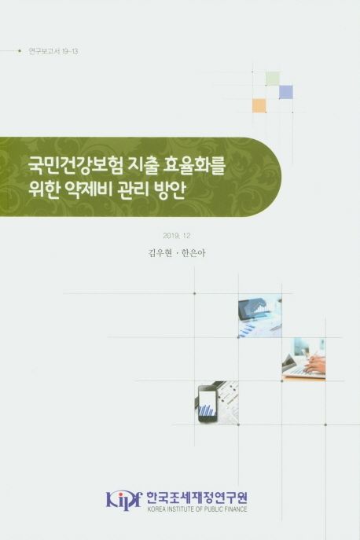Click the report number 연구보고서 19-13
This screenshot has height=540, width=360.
click(53, 51)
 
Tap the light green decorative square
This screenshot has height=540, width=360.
click(272, 78)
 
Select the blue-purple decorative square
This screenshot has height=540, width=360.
click(286, 92)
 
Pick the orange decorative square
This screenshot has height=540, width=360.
click(259, 105)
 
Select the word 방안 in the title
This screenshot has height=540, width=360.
click(171, 189)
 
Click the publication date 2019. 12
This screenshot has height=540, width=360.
click(176, 236)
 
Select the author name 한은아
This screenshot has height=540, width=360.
click(193, 253)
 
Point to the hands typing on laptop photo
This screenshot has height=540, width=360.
click(303, 359)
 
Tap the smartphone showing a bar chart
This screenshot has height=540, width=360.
click(208, 402)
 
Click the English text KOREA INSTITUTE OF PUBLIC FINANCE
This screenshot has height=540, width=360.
click(197, 509)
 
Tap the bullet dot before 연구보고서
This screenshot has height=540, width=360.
click(20, 51)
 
